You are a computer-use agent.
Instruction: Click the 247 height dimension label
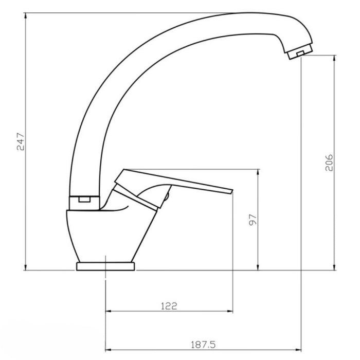coord(21,141)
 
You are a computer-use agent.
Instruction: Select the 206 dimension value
coord(329,163)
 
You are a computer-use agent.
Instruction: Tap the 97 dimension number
coord(253,220)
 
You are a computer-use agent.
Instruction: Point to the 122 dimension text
coord(169,306)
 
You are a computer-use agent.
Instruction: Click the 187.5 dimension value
coord(203,345)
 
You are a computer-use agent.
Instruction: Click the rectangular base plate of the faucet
coord(105,266)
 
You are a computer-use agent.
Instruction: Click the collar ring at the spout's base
coord(84,203)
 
